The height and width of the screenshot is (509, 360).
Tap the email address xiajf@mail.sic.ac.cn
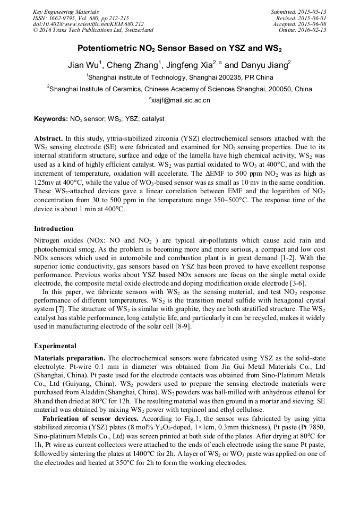click(181, 100)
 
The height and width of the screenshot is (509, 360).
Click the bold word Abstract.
click(48, 136)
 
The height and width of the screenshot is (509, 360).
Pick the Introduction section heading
click(54, 229)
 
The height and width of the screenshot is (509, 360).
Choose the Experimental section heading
click(55, 346)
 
